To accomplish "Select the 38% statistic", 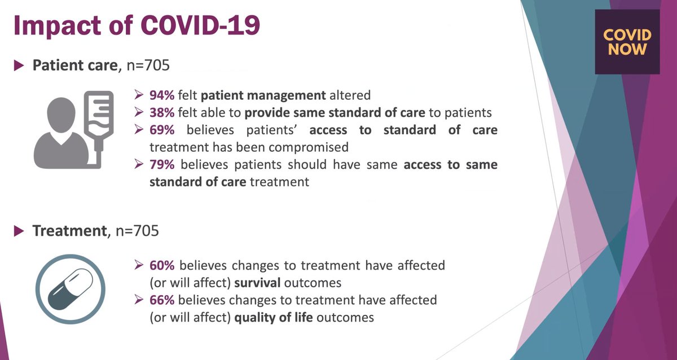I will coord(162,112).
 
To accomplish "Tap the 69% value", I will coord(162,130).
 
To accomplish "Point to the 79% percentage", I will coord(162,165).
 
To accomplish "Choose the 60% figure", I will coord(162,265).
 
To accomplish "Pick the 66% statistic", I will coord(162,300).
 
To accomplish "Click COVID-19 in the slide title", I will coord(206,26).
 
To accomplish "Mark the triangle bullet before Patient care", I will coord(19,66).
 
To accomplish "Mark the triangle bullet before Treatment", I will coord(19,231).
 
